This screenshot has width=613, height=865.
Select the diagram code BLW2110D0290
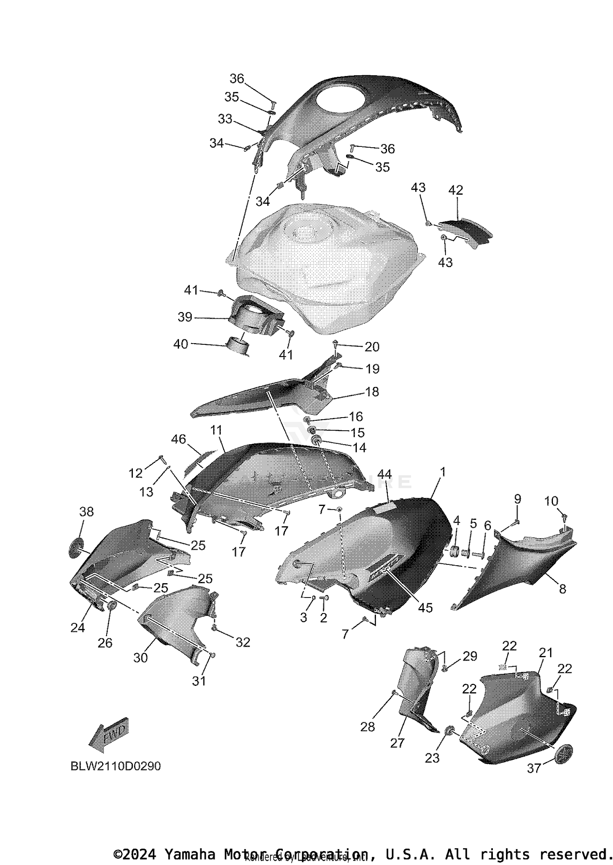116,766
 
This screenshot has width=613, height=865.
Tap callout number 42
456,190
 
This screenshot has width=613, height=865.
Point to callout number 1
443,472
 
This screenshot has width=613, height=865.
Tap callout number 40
181,344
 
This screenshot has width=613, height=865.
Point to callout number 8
563,589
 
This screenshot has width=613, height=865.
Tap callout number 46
179,439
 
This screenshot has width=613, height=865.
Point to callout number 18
372,392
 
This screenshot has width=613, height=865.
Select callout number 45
425,608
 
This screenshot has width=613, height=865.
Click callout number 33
225,119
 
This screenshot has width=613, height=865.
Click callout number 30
140,658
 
